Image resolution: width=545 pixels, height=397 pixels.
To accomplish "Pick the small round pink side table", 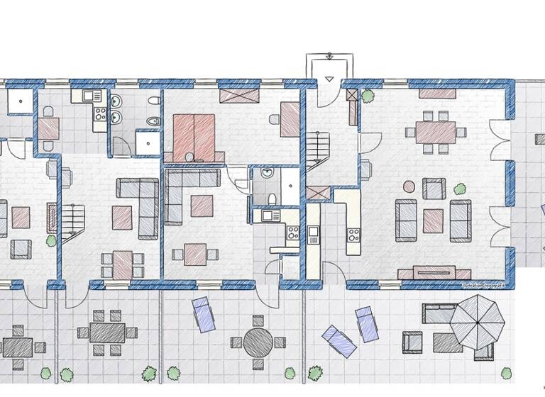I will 409,186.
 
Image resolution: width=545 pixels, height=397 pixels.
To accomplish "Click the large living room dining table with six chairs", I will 435,131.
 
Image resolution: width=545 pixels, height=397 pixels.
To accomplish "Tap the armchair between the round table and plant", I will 434,189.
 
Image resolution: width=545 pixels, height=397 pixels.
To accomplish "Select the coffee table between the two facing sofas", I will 433,220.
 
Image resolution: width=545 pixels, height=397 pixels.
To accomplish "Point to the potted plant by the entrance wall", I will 368,95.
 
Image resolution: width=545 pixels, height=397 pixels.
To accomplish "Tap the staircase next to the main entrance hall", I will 317,150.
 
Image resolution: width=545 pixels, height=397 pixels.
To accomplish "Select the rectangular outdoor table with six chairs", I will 106,331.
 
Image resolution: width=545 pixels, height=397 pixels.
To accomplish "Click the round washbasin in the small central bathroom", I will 266,172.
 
